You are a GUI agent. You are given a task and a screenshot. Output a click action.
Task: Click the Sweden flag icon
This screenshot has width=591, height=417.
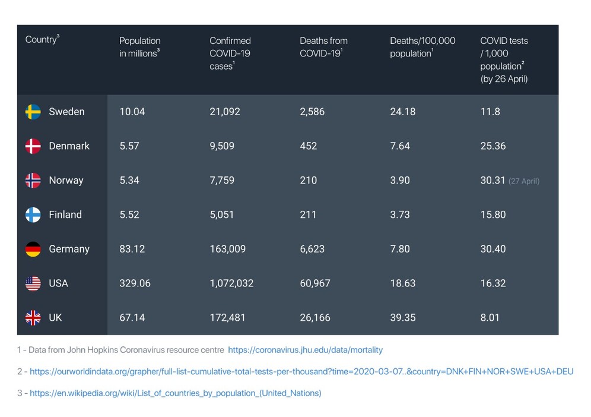33,112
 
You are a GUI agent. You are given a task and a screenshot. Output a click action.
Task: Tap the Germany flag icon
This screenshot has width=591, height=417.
33,249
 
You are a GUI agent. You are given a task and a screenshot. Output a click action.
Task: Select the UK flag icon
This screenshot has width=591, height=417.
33,318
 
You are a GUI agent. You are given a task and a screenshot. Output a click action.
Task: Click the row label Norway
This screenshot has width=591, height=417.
66,181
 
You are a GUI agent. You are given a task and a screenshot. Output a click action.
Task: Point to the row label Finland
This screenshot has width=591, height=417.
65,214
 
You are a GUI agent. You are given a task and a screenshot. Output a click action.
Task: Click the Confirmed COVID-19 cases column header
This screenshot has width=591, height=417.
230,53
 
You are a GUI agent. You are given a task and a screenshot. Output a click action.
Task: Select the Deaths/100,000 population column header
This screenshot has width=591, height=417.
422,47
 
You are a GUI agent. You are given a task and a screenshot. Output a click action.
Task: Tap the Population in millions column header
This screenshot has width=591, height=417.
140,47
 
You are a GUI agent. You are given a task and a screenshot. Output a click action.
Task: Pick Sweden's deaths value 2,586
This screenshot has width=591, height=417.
312,112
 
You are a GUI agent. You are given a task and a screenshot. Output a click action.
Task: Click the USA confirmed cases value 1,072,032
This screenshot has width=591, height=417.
231,283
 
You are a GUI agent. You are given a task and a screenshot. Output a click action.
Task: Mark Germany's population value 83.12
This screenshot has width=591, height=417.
132,249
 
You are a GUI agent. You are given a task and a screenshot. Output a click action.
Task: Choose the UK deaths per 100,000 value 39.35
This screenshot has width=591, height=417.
403,318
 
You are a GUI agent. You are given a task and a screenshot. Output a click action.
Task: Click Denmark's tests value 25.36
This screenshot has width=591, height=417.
493,146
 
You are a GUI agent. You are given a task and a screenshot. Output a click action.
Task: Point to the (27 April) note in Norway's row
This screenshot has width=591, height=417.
524,181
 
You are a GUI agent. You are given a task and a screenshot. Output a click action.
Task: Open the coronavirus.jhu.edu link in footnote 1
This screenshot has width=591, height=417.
305,350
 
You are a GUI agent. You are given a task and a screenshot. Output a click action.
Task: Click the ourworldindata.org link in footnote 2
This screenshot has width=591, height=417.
301,372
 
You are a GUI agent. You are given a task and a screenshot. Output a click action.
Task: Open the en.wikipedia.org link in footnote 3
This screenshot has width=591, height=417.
175,393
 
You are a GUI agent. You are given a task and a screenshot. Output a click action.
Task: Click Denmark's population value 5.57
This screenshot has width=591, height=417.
129,146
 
